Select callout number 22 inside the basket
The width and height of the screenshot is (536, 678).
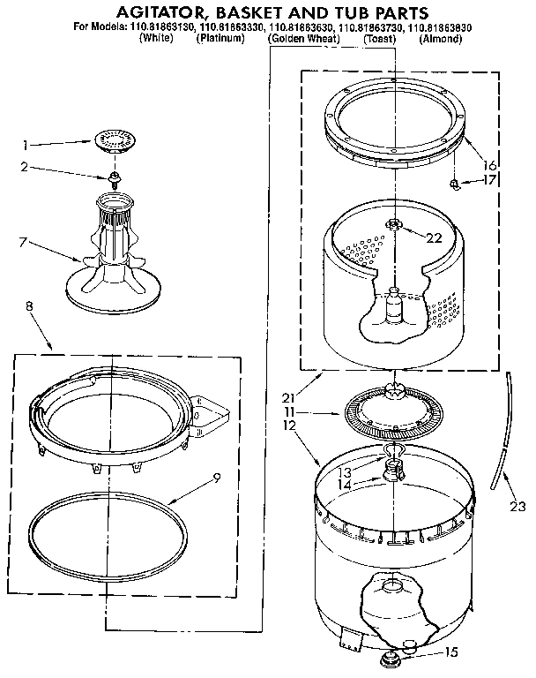[x=434, y=236]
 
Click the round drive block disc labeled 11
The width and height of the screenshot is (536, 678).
[x=394, y=411]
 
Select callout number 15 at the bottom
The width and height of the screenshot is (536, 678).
[x=452, y=654]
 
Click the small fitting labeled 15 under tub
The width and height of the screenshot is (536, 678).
[x=387, y=658]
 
